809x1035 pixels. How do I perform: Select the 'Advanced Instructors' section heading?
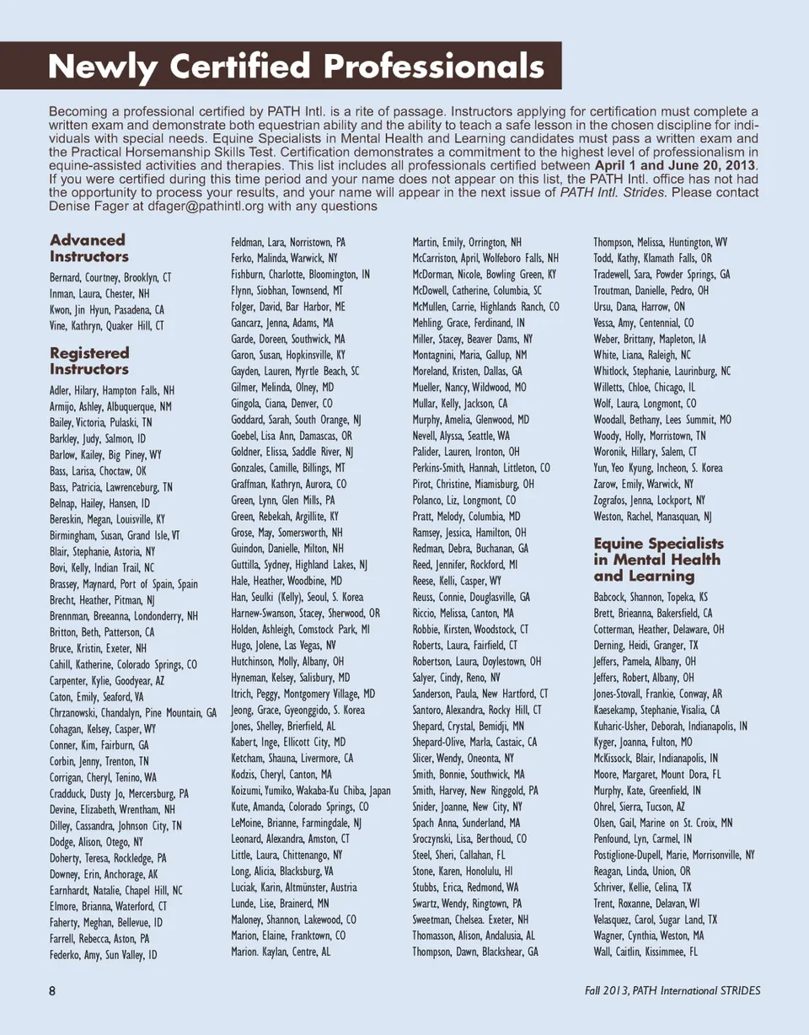point(88,248)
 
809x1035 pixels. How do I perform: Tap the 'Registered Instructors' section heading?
point(89,361)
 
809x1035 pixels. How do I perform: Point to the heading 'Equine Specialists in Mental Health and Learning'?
point(657,559)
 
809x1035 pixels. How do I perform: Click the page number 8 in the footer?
point(52,990)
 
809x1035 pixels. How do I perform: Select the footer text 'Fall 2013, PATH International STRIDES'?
point(672,990)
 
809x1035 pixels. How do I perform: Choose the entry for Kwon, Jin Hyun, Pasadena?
point(107,309)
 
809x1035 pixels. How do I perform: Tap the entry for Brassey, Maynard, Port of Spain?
point(124,584)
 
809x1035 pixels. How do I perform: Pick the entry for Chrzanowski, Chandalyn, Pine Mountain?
point(132,712)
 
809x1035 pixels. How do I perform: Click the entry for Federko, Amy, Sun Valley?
point(104,955)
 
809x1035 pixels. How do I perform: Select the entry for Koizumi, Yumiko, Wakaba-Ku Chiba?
point(310,791)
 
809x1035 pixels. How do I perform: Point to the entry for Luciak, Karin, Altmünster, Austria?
point(293,888)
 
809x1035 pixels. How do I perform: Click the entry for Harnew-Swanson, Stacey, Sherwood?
point(305,613)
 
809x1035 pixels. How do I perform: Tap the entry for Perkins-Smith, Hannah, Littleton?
point(480,468)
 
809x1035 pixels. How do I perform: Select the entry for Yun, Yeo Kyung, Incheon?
point(657,468)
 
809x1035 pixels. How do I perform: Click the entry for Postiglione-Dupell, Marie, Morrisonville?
point(674,855)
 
